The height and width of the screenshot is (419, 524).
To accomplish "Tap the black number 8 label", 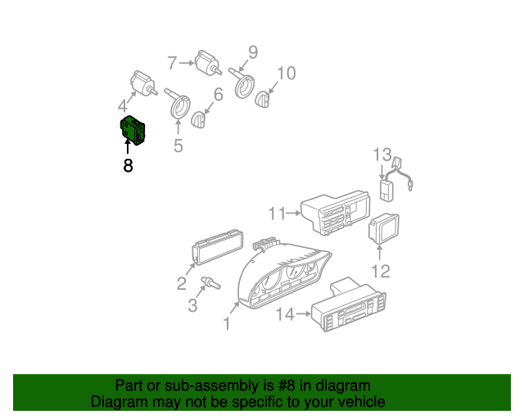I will pos(128,166).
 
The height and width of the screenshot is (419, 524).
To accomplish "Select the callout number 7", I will pos(172,62).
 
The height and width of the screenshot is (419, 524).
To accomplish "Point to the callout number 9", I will pos(253,52).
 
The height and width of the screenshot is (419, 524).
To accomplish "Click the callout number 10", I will pos(285,74).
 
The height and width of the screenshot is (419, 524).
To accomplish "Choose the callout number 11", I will pos(276,214).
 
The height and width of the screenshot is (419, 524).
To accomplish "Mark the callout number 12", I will pos(382,271).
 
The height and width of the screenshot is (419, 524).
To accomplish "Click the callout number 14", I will pos(285,313).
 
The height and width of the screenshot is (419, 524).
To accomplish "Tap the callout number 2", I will pos(182,284).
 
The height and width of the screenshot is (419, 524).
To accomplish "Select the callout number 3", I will pos(192,307).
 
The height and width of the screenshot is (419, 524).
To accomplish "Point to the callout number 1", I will pos(227,324).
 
